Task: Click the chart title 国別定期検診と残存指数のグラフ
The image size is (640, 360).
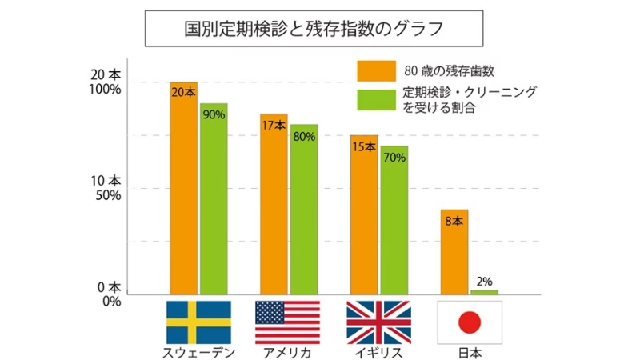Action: pyautogui.click(x=314, y=30)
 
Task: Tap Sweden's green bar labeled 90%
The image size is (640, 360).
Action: pyautogui.click(x=214, y=200)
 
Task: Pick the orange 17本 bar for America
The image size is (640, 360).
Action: pyautogui.click(x=274, y=204)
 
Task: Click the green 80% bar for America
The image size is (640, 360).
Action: pyautogui.click(x=304, y=210)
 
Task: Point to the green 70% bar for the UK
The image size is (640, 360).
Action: pyautogui.click(x=394, y=220)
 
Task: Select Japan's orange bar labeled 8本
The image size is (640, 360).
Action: pyautogui.click(x=454, y=252)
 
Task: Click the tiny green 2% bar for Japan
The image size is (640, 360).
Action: pyautogui.click(x=484, y=292)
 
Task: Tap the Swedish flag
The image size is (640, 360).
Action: pyautogui.click(x=198, y=322)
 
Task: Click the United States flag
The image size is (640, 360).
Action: pyautogui.click(x=287, y=322)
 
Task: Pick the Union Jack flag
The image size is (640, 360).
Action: pyautogui.click(x=378, y=322)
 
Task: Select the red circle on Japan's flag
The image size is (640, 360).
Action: pyautogui.click(x=470, y=322)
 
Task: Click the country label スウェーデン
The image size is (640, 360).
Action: pyautogui.click(x=198, y=352)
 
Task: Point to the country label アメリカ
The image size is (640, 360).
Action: pyautogui.click(x=287, y=352)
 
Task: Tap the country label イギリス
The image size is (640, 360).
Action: pyautogui.click(x=378, y=352)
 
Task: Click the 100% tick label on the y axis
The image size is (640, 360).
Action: pyautogui.click(x=105, y=89)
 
